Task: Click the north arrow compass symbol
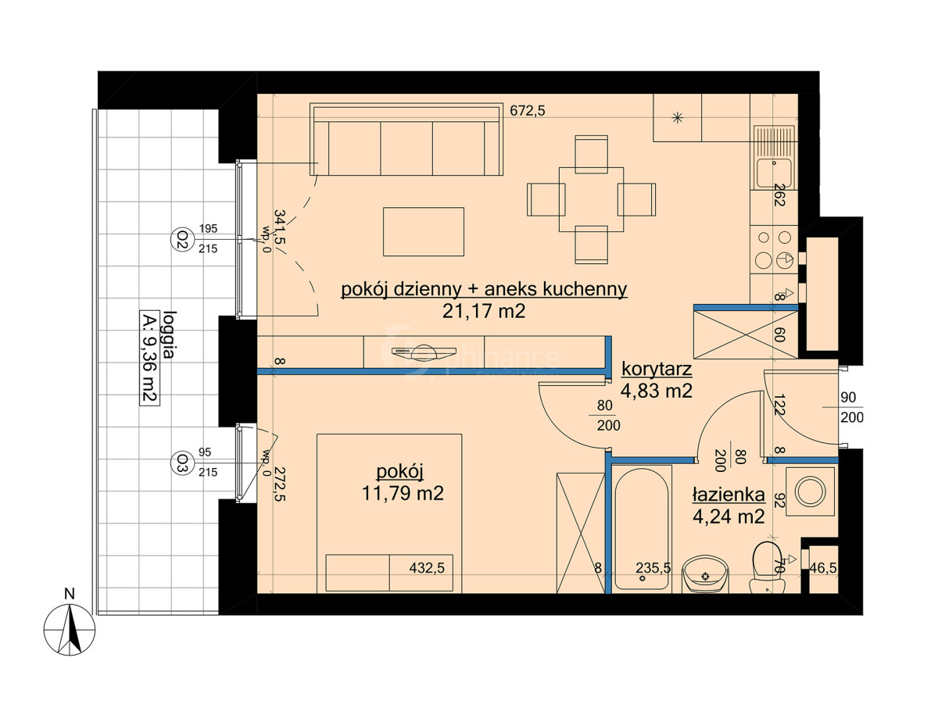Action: [70, 629]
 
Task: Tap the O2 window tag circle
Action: [183, 239]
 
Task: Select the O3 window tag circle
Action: [183, 463]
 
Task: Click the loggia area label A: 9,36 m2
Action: [150, 358]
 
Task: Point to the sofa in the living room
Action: [406, 139]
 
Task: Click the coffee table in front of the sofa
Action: [424, 231]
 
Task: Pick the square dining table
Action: [591, 199]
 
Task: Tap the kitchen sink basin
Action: [774, 173]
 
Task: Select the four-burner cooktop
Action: [774, 249]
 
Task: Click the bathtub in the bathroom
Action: [642, 529]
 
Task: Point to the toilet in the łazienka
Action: [768, 567]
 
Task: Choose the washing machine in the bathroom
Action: [811, 491]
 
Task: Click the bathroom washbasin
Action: [705, 574]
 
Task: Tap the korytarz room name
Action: [657, 369]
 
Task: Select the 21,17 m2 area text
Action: [484, 311]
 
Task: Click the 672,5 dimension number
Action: [528, 111]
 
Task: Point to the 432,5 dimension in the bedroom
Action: [427, 568]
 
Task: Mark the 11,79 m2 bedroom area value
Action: [403, 493]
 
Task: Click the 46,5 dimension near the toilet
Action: [823, 568]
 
